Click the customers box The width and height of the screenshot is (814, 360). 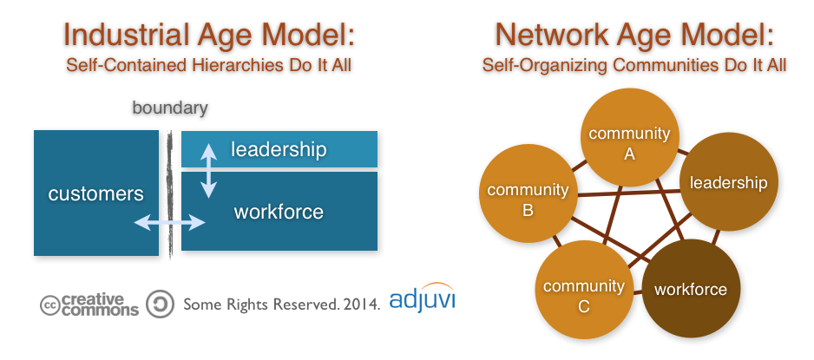tap(96, 193)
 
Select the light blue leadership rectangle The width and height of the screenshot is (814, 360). tap(279, 149)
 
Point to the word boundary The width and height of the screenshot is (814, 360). tap(170, 108)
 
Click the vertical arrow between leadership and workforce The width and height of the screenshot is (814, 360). tap(208, 171)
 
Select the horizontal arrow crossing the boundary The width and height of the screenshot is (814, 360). tap(170, 223)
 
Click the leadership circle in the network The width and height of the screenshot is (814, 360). tap(728, 182)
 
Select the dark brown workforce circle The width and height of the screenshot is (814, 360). tap(691, 289)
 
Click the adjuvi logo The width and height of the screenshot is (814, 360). tap(422, 298)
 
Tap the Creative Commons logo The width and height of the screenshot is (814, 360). tap(89, 304)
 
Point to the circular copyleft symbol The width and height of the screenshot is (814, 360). tap(160, 304)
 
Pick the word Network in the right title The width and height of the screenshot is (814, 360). tap(552, 35)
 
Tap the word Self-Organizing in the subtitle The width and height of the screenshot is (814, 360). tap(545, 66)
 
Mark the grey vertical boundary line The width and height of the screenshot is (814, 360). tap(170, 194)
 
